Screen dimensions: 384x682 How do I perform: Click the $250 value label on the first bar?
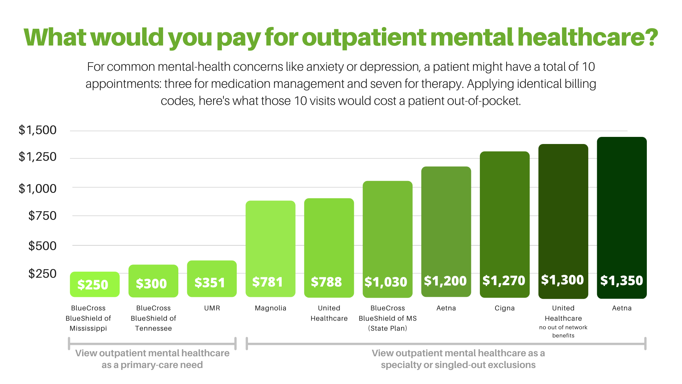click(93, 284)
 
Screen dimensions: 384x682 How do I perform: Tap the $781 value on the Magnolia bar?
click(267, 282)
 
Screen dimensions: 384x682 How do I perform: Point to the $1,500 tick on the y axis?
click(38, 130)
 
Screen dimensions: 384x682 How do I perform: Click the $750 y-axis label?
click(42, 215)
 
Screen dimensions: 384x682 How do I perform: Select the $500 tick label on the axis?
click(42, 246)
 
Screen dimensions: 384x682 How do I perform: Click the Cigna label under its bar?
click(504, 308)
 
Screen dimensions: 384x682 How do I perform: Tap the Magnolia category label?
click(270, 308)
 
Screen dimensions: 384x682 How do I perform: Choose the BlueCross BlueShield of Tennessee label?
click(153, 318)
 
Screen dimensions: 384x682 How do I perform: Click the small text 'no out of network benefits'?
click(563, 331)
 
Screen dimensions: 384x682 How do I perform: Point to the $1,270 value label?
click(504, 281)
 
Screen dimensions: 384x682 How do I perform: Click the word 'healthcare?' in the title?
click(588, 37)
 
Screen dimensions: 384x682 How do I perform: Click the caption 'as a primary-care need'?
click(152, 365)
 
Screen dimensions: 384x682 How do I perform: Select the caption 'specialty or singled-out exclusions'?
click(458, 365)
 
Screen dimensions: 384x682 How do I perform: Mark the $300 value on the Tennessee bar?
click(151, 283)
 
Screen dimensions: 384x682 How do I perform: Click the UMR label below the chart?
click(212, 308)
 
